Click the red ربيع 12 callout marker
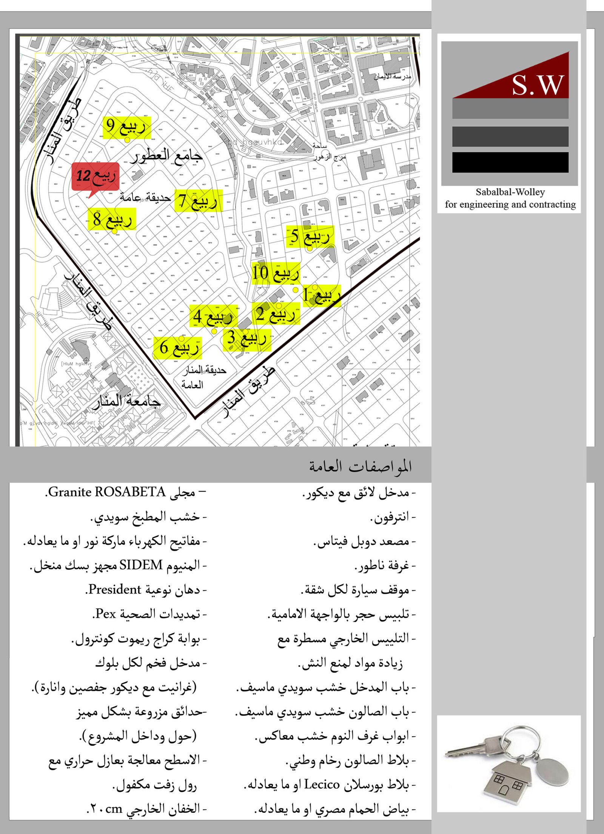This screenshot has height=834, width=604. point(96,176)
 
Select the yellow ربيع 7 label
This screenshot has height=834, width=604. point(199,200)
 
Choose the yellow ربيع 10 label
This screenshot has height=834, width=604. point(276,273)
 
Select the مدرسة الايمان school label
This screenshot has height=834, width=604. point(393,77)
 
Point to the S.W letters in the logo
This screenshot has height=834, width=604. point(538,85)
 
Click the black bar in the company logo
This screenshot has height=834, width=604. point(510,162)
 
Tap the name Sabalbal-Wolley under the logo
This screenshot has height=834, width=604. point(510,192)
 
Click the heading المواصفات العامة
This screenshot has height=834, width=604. point(360,467)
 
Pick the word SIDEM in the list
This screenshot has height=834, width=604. point(141,565)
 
